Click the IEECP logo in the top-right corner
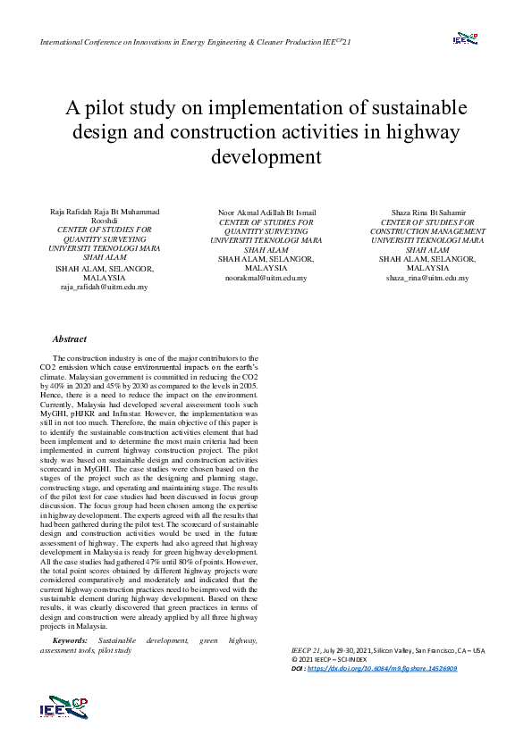[x=464, y=38]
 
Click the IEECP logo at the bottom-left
[x=64, y=706]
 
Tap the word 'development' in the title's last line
[x=266, y=157]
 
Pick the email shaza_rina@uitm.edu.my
[x=426, y=278]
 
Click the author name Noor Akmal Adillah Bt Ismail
[x=266, y=213]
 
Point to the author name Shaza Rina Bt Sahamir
[x=427, y=213]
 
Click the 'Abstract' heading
[x=70, y=339]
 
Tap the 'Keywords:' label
[x=71, y=640]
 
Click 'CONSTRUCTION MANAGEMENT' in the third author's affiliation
[x=427, y=231]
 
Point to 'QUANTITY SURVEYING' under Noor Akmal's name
[x=266, y=231]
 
